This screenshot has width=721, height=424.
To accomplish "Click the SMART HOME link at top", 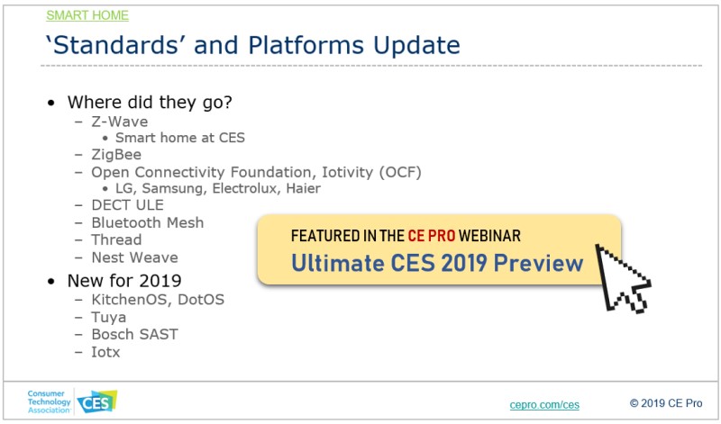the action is pos(87,15).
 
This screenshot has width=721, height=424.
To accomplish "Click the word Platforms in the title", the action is pos(306,45).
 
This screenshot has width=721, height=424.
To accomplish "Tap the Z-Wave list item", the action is pos(120,122).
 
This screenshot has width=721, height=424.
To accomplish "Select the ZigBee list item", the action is pos(116,155).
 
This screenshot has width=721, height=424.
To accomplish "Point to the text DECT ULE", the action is pos(127,205).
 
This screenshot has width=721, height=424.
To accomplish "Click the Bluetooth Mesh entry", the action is pos(148,222).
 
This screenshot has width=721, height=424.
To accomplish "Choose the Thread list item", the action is pos(116,239).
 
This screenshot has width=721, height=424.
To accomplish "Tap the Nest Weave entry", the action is pos(134,257).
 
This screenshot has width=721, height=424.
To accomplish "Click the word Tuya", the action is pos(108,318).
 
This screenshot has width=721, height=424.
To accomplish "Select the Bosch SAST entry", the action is pos(134,334).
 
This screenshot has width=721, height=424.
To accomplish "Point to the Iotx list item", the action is pos(105,352).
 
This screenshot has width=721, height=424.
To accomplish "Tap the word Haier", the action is pos(303,188).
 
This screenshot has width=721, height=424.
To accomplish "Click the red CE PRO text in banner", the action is pos(432,236).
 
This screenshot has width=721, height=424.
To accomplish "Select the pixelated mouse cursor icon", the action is pos(622,278).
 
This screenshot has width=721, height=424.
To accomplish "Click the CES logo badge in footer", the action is pos(97,402).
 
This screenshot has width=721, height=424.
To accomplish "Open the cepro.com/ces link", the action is pos(544,405).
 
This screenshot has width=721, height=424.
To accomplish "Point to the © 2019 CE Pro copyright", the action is pos(666,403).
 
